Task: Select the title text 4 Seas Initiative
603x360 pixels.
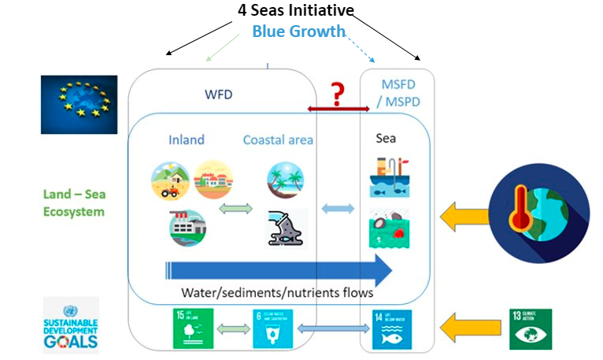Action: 296,11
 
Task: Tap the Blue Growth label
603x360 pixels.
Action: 298,32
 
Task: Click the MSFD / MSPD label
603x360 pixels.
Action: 398,92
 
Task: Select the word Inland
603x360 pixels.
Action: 187,139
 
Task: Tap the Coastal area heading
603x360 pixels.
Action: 278,139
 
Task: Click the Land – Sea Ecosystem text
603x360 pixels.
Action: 73,204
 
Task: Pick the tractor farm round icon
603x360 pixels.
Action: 170,180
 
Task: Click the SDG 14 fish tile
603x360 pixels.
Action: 392,329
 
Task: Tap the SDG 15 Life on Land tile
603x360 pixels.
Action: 192,329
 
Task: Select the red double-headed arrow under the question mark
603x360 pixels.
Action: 338,109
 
